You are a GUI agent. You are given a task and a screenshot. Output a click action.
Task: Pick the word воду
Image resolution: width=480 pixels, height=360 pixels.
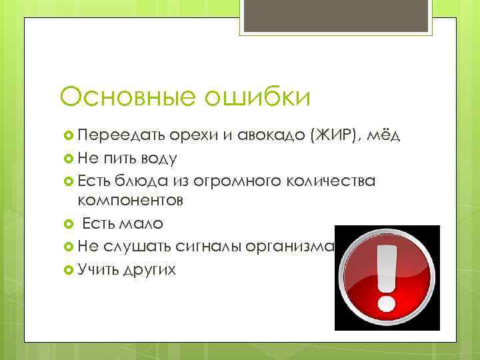point(159,159)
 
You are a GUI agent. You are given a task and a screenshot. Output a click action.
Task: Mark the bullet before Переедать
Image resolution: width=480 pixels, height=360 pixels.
point(67,137)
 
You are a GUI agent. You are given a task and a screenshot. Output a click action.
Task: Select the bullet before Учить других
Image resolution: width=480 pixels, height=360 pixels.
point(67,269)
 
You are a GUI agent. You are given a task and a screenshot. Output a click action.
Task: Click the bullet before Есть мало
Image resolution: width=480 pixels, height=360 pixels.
point(67,223)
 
